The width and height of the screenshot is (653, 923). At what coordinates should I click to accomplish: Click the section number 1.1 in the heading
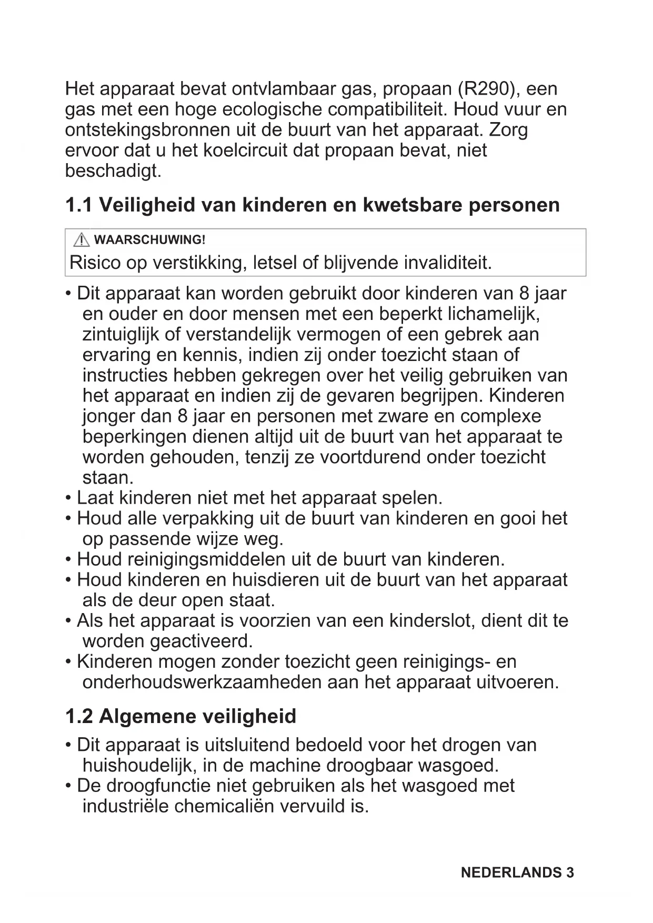[79, 205]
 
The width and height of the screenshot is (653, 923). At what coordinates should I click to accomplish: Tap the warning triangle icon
[82, 240]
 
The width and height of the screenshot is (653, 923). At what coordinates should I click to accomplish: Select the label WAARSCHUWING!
[149, 240]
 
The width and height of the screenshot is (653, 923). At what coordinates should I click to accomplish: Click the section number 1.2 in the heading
[79, 716]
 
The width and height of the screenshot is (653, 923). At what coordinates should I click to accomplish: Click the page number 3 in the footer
[570, 872]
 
